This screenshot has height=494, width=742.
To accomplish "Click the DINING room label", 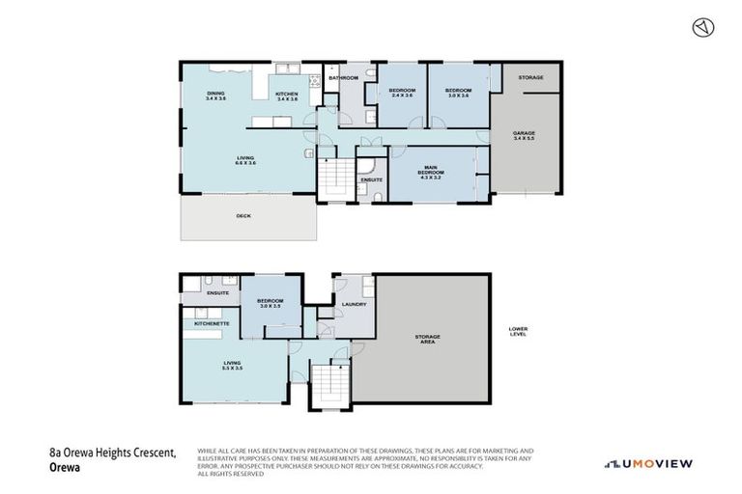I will tap(214, 94).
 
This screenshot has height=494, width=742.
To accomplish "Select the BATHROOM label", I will tap(343, 77).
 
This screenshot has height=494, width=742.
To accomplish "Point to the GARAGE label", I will tap(525, 132).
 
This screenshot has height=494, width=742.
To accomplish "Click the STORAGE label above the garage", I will tap(529, 77).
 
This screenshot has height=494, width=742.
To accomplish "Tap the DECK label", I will tap(243, 216).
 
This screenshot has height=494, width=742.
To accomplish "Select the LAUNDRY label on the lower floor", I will tap(354, 305).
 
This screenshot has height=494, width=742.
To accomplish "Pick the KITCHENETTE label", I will tap(211, 324).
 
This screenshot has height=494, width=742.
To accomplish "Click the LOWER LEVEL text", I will tap(518, 332).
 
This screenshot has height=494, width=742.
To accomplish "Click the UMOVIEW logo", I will tap(648, 464).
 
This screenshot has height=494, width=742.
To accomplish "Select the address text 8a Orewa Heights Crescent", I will tap(109, 452).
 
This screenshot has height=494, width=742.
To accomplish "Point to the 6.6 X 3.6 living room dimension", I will tap(244, 163).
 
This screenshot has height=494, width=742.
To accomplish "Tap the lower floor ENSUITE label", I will tap(217, 291).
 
